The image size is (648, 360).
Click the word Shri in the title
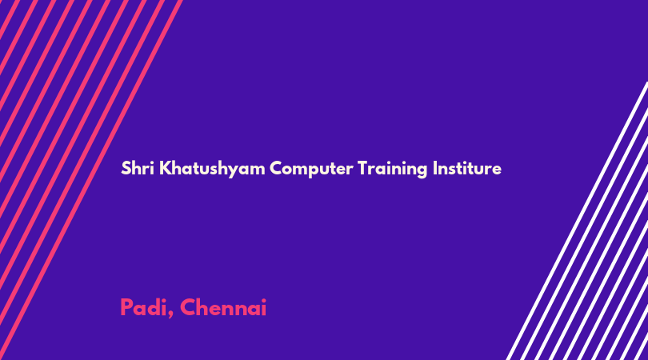point(138,168)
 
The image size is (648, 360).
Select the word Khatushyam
point(212,170)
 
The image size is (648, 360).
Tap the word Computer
point(312,170)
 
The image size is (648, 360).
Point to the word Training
point(393,170)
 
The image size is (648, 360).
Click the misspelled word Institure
point(467,168)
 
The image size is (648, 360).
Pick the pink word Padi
point(144,307)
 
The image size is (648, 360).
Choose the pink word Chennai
point(223,307)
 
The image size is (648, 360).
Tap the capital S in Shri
point(126,168)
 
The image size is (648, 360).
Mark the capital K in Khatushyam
point(165,168)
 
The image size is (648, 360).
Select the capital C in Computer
point(277,168)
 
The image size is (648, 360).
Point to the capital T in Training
point(362,168)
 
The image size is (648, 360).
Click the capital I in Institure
point(434,168)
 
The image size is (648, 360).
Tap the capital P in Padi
point(126,307)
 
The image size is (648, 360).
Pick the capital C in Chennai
point(188,307)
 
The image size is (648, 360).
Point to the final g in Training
point(422,171)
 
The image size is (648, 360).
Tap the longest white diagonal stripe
point(578,221)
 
